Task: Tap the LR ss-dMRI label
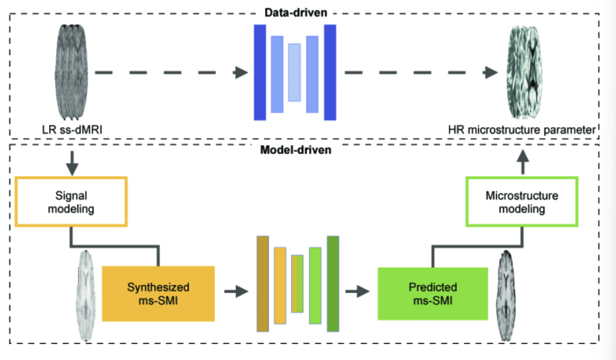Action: point(71,128)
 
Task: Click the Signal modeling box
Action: point(71,201)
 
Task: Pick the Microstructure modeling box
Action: point(521,202)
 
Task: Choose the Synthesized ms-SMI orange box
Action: point(158,293)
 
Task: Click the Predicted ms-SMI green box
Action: point(433,293)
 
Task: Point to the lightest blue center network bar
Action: point(294,72)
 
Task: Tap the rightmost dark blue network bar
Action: point(330,72)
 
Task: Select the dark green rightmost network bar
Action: point(333,283)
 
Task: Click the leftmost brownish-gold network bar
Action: point(262,283)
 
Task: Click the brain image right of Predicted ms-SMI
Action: point(508,296)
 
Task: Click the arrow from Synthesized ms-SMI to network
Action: point(235,291)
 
